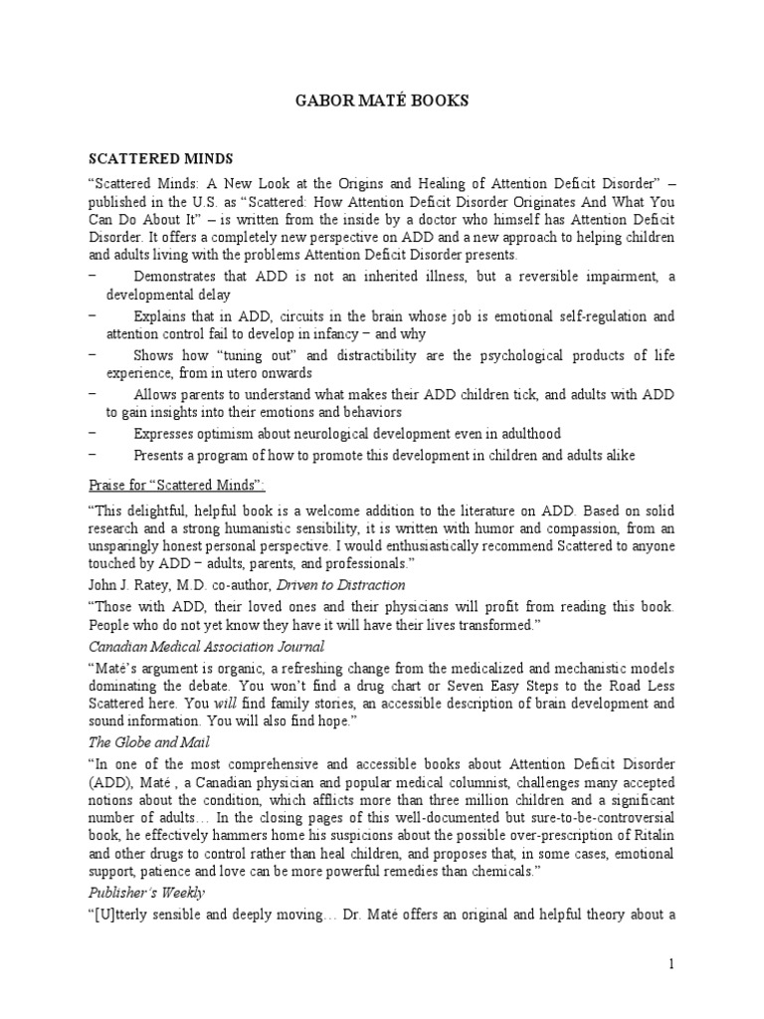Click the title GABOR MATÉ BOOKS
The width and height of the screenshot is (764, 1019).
(x=381, y=102)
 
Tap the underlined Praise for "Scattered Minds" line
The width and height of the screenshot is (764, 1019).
(x=175, y=484)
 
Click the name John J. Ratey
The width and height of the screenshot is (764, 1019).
(x=129, y=584)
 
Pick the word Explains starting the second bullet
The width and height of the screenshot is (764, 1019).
(x=160, y=316)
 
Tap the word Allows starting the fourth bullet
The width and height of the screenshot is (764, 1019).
(x=155, y=394)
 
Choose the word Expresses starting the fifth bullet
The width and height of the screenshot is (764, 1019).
(x=165, y=433)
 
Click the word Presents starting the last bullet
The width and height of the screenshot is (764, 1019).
(x=161, y=455)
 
